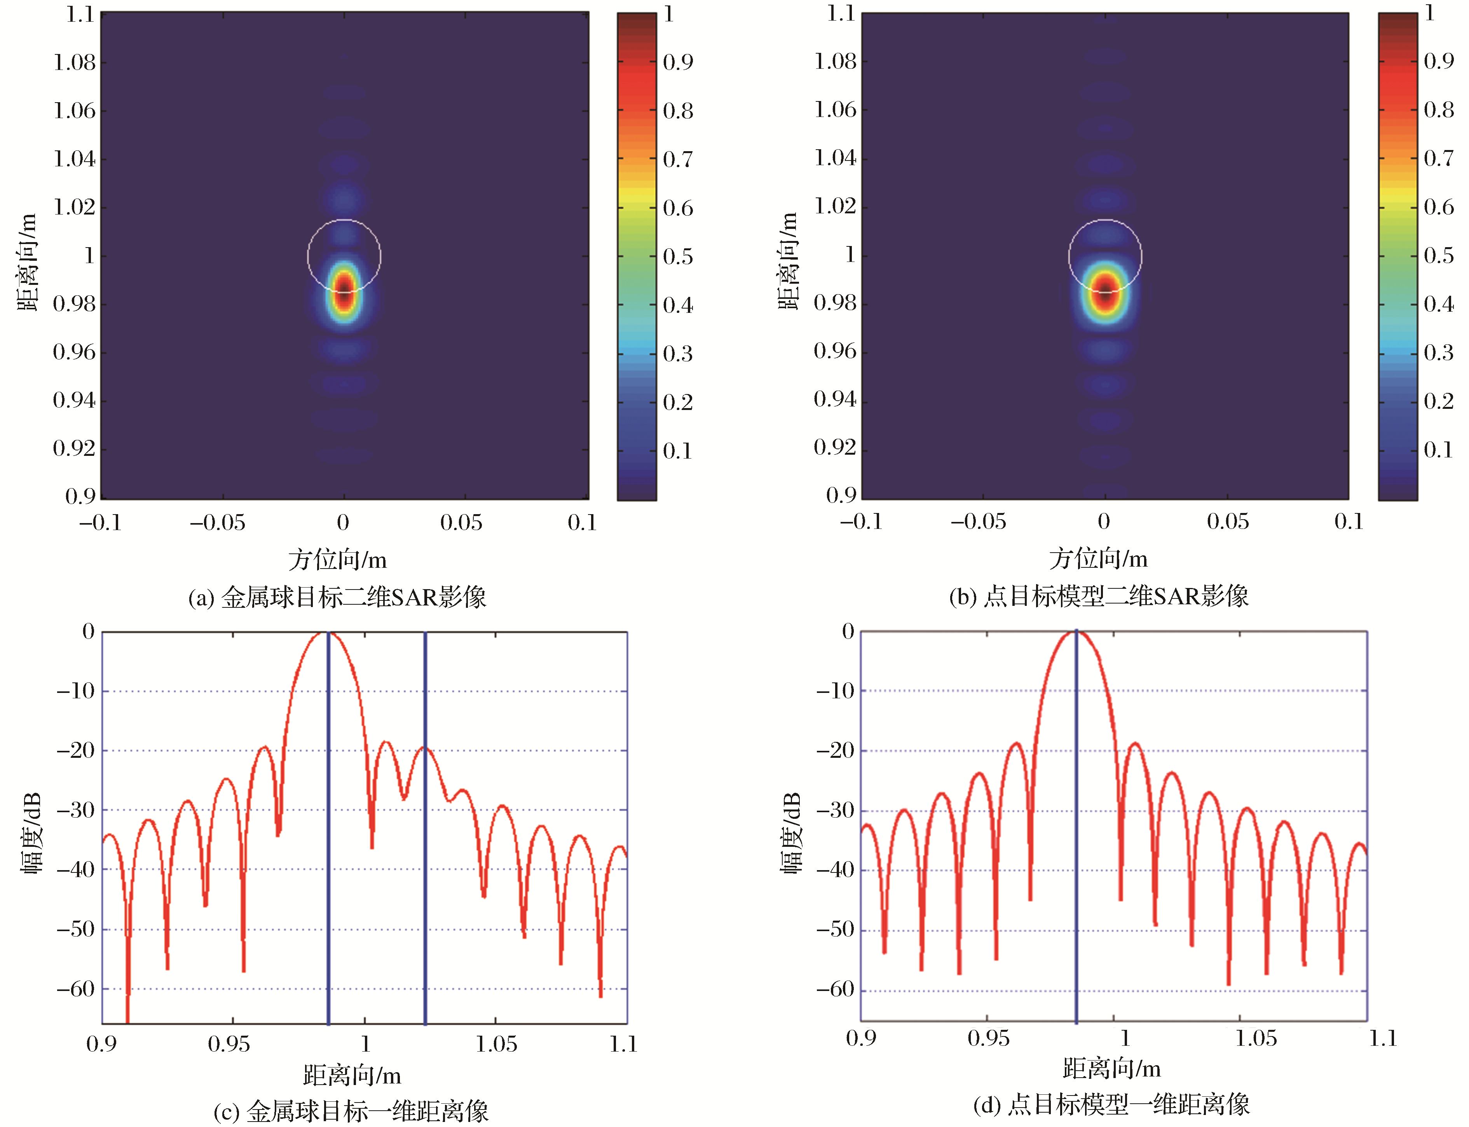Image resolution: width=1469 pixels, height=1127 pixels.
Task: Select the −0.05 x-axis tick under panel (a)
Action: (x=217, y=523)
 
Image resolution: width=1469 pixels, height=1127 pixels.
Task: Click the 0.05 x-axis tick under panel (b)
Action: (x=1228, y=521)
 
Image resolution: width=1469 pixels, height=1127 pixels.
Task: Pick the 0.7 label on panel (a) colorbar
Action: (x=677, y=160)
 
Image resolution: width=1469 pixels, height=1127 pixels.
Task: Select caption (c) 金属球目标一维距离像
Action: (x=351, y=1111)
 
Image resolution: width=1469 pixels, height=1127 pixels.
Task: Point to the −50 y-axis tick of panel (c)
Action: (x=76, y=929)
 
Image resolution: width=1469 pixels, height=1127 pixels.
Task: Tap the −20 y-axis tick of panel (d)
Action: (x=835, y=750)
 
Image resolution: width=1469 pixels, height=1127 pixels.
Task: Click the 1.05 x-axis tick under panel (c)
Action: (x=496, y=1044)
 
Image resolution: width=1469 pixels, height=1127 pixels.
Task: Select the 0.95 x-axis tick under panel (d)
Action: (x=988, y=1038)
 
